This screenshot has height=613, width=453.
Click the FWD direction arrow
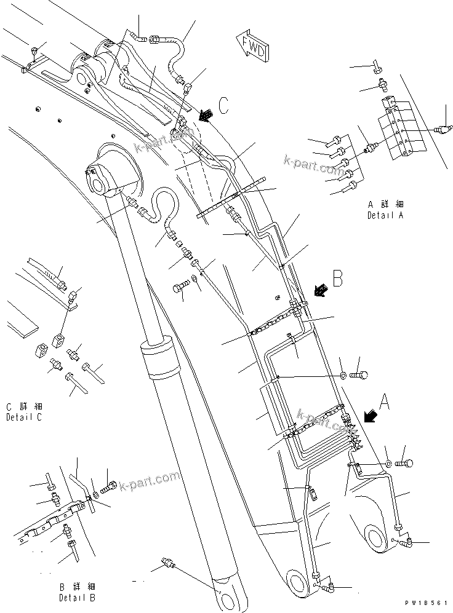click(251, 44)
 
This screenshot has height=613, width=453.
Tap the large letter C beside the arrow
click(223, 105)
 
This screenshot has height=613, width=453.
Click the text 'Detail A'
click(385, 215)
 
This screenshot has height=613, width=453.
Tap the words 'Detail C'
click(24, 417)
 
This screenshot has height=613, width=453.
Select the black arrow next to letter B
click(319, 289)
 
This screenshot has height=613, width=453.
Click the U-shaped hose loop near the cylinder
click(164, 202)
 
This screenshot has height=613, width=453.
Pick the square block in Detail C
click(60, 338)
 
